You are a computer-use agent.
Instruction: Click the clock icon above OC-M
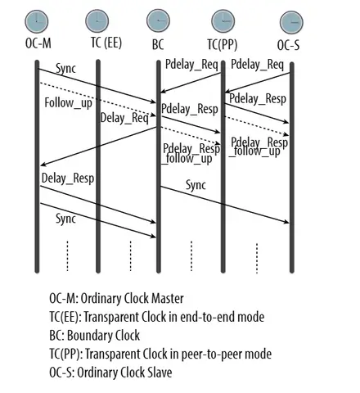coord(37,20)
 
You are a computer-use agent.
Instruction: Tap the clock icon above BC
coord(158,20)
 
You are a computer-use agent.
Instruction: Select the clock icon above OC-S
coord(290,20)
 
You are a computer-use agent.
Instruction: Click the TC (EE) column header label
coord(106,43)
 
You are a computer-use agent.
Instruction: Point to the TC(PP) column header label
coord(223,43)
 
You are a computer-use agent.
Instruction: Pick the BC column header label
coord(158,43)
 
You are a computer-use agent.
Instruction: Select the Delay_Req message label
coord(124,118)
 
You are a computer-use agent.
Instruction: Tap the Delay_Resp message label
coord(64,178)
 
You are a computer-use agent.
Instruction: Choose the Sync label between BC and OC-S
coord(196,184)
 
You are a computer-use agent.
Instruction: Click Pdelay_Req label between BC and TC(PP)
coord(190,64)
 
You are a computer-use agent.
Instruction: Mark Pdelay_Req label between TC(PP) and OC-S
coord(257,64)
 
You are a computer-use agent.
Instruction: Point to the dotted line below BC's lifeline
coord(191,255)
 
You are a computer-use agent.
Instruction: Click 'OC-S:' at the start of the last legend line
coord(63,373)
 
